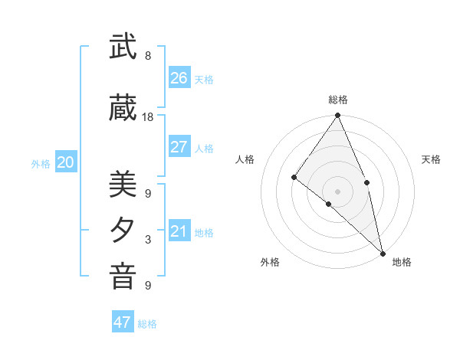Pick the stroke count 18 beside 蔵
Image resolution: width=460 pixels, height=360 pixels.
coord(148,117)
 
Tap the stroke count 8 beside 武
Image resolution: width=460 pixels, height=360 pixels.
coord(148,56)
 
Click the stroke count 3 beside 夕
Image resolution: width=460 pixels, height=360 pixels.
coord(148,240)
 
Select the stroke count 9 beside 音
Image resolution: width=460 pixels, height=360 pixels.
coord(148,286)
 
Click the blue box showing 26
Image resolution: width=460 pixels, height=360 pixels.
coord(179,78)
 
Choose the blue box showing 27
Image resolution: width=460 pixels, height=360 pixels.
coord(179,147)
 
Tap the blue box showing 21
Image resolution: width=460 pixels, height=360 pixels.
coord(179,231)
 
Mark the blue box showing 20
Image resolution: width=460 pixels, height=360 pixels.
coord(66,162)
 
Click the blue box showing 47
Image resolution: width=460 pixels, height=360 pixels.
coord(123,322)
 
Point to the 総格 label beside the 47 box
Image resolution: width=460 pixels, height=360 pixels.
coord(147,324)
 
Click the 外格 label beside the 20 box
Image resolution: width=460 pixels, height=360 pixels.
coord(41,164)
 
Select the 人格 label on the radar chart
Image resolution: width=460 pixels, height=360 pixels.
coord(245,159)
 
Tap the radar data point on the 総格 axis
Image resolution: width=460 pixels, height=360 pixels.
coord(337,116)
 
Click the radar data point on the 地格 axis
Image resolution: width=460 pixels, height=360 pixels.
coord(383,252)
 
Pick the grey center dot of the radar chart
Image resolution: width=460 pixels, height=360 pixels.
coord(337,191)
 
